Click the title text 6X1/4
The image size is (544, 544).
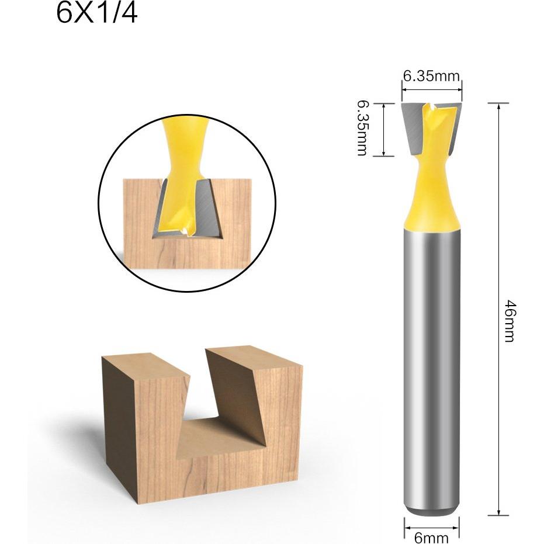[x=97, y=14]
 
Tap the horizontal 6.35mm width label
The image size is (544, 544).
[x=431, y=76]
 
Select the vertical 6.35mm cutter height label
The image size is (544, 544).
[x=362, y=129]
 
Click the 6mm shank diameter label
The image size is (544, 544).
[x=431, y=538]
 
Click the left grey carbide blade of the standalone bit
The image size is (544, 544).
[x=413, y=129]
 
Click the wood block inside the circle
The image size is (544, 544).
[x=188, y=224]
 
